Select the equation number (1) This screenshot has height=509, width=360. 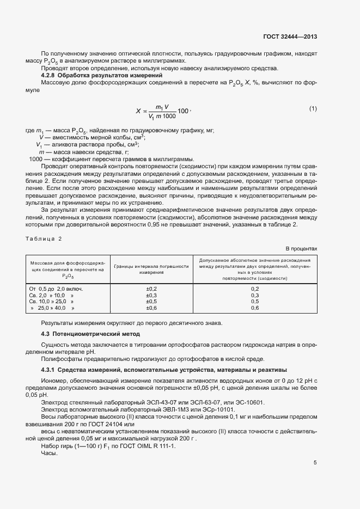[x=313, y=109]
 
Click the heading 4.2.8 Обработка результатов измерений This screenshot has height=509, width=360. [x=102, y=75]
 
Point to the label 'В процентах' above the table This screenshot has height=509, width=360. [x=302, y=248]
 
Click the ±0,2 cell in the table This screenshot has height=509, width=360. [x=151, y=289]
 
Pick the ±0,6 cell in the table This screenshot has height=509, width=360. [x=151, y=308]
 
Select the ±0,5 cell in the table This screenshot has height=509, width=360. [x=151, y=302]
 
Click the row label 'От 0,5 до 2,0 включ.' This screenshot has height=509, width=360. [x=59, y=289]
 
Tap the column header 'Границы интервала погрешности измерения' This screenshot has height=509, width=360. [x=151, y=269]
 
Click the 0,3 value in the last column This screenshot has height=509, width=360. [x=255, y=295]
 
